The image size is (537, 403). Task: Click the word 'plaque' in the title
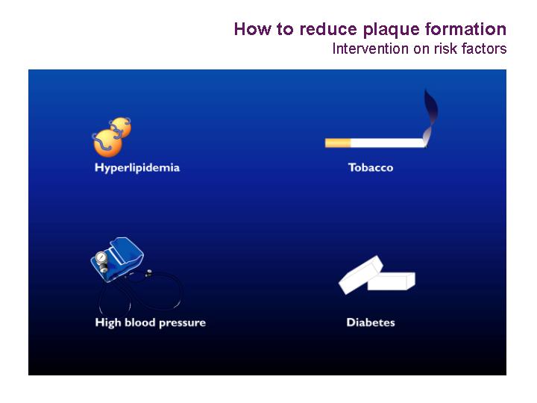point(391,30)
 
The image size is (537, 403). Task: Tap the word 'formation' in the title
point(465,29)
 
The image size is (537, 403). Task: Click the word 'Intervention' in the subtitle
point(371,49)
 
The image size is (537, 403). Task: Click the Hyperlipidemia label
point(137,168)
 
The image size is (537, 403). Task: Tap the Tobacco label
point(371,168)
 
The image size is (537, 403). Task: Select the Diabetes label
point(371,322)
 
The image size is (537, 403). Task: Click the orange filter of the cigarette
point(338,143)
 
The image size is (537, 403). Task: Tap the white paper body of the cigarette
point(388,143)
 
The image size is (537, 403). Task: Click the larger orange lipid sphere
point(107,143)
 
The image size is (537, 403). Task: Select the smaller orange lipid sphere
point(121,127)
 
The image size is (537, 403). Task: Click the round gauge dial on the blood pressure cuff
point(101,257)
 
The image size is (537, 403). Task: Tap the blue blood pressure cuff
point(118,259)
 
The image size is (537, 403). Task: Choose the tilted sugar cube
point(360,275)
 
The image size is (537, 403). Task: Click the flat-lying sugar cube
point(391,281)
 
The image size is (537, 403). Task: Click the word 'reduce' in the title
point(328,29)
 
